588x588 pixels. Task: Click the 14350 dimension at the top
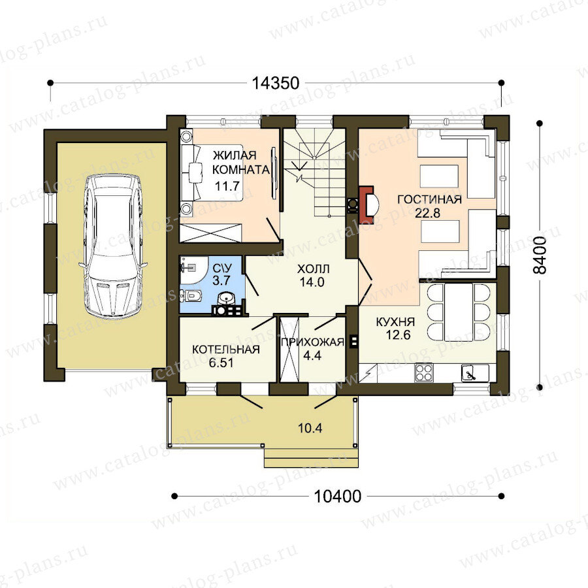point(275,83)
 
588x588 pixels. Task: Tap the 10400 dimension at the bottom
point(337,497)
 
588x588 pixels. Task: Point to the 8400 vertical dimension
point(540,255)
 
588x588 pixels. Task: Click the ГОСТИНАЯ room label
point(429,199)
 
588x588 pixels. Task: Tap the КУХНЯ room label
point(395,321)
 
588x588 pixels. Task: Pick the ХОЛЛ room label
point(313,269)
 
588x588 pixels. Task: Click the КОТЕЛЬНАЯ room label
point(226,350)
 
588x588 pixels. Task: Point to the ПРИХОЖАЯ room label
point(312,342)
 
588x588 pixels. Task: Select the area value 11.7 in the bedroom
point(227,186)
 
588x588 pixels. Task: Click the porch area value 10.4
point(310,428)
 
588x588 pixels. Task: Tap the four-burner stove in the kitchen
point(424,373)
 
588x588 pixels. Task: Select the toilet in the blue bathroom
point(191,296)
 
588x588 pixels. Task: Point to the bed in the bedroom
point(212,173)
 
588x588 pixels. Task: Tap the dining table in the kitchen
point(458,312)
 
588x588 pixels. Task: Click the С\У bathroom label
point(221,268)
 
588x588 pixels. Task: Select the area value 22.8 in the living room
point(427,213)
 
